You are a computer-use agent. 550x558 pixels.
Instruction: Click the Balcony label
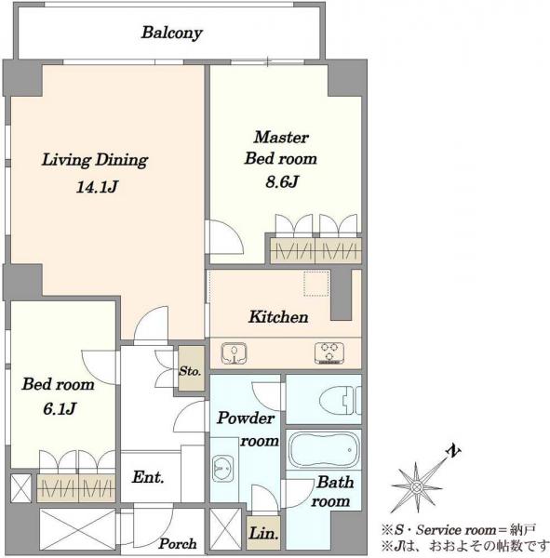[171, 33]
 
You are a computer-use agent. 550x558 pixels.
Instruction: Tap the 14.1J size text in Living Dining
[97, 187]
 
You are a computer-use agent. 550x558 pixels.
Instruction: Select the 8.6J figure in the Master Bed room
[281, 182]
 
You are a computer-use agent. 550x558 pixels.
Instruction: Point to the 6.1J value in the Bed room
[60, 408]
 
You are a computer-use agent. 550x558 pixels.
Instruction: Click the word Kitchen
[278, 317]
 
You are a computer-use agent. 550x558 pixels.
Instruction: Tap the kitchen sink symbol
[234, 353]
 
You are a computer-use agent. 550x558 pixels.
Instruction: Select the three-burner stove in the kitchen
[329, 353]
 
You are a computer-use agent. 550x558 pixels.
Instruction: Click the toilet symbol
[341, 401]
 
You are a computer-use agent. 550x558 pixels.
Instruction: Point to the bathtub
[324, 450]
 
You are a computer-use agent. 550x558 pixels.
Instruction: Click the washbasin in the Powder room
[222, 469]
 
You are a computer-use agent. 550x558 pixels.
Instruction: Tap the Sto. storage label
[190, 371]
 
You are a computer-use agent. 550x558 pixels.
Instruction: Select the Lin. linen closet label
[263, 533]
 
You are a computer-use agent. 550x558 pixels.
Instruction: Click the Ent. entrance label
[148, 477]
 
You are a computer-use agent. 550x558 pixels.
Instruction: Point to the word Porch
[178, 544]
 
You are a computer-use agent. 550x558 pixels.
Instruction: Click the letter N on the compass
[453, 451]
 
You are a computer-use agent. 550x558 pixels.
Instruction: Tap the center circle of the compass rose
[416, 486]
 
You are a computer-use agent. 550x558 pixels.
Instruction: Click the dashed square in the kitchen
[316, 284]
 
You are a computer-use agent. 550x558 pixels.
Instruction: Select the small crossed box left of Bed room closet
[20, 488]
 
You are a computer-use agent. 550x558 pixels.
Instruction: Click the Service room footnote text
[457, 530]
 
